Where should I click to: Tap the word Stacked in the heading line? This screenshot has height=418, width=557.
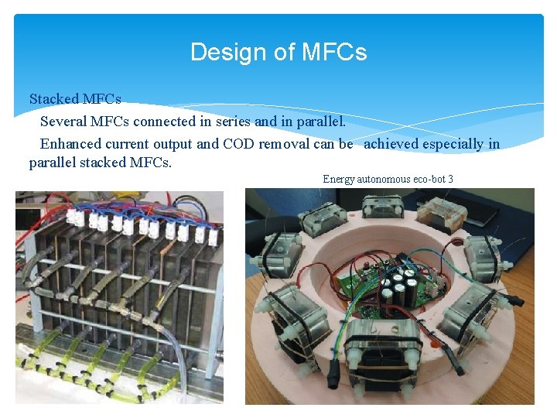[x=53, y=99]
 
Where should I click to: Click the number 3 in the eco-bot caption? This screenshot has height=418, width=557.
[x=450, y=180]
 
